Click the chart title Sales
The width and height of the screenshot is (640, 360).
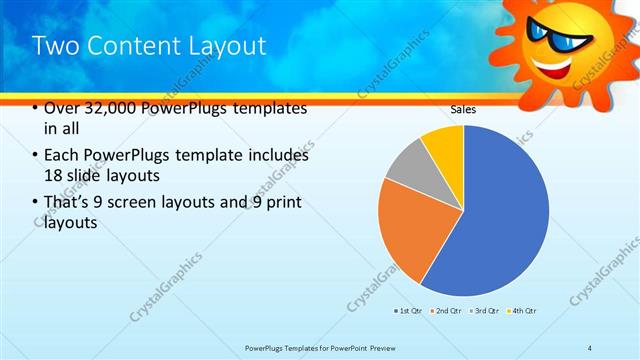(x=463, y=109)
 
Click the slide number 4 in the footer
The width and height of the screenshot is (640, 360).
(x=590, y=347)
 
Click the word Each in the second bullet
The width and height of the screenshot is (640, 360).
(x=63, y=155)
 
